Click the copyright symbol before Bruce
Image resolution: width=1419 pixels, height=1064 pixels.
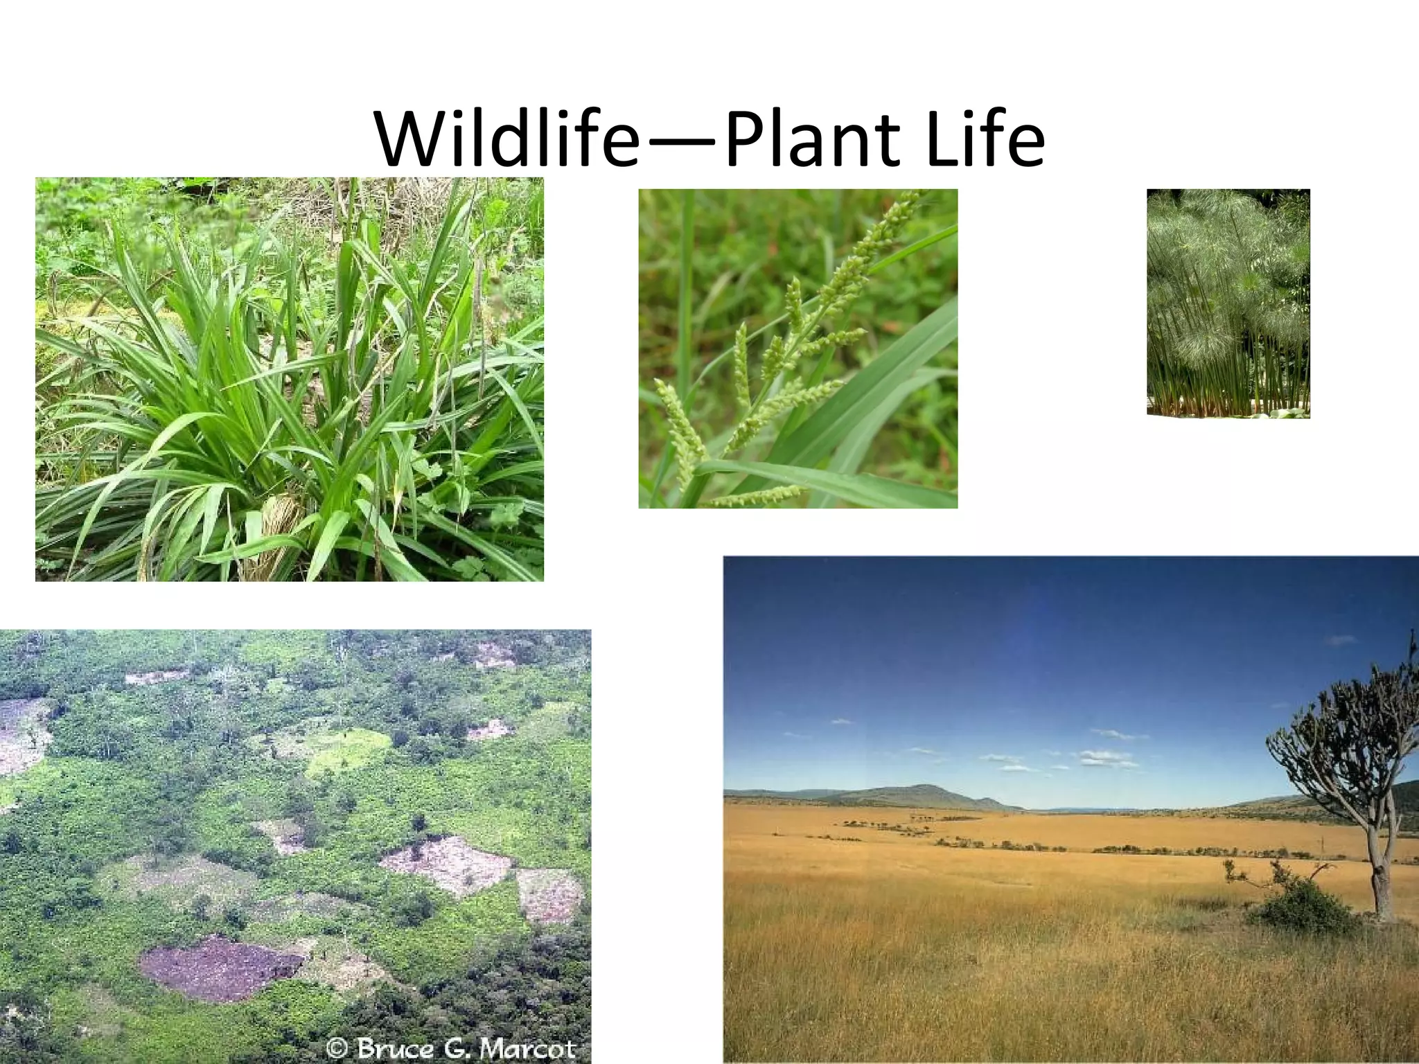[x=337, y=1047]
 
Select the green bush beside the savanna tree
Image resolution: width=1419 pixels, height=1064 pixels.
[x=1303, y=904]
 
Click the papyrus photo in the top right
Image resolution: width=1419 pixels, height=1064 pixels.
[x=1228, y=303]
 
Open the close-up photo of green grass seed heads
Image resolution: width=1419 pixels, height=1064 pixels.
[x=797, y=348]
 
